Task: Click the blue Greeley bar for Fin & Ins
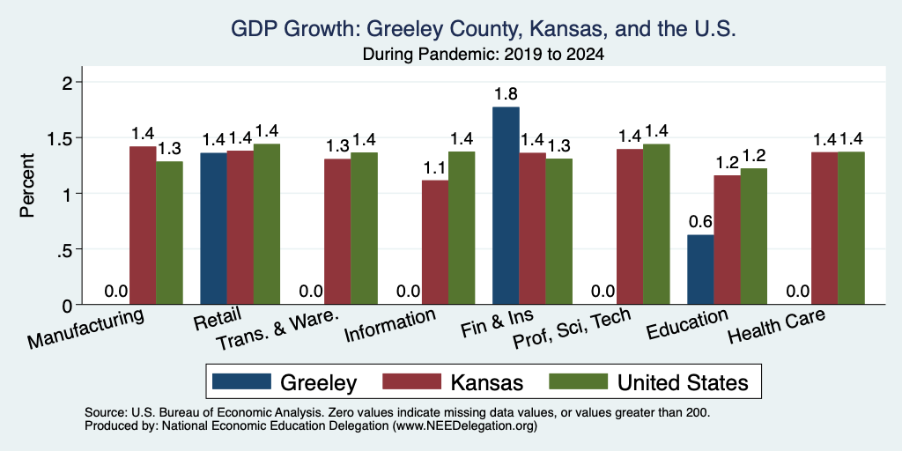pos(506,205)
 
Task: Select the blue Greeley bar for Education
pos(700,270)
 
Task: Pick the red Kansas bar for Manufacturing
pos(143,225)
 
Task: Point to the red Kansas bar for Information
pos(435,242)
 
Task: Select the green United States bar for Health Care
pos(852,228)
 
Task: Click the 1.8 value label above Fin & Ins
pos(506,93)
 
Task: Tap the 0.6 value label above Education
pos(700,221)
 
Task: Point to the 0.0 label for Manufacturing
pos(116,291)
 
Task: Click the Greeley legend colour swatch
pos(241,381)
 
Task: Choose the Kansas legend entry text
pos(486,382)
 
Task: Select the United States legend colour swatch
pos(578,381)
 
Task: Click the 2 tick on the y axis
pos(73,82)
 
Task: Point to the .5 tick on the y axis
pos(69,249)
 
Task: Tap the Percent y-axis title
pos(27,185)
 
